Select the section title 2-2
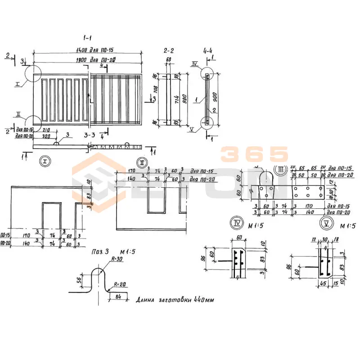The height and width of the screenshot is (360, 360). click(169, 50)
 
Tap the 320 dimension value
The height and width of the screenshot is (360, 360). click(46, 135)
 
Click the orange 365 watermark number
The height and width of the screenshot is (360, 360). click(254, 154)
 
